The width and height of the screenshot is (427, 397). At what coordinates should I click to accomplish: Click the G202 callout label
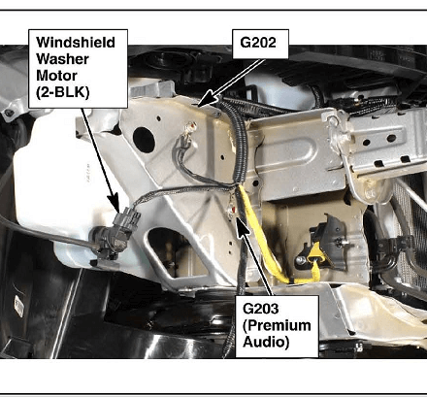pos(260,44)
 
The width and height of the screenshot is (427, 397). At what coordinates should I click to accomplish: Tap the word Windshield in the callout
pos(76,43)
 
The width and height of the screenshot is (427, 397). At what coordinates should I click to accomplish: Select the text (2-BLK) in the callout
pos(62,92)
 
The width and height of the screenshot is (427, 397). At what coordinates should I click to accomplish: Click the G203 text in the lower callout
pos(260,309)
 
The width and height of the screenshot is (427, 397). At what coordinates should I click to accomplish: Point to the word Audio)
pos(266,342)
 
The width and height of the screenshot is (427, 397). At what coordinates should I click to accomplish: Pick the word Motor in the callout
pos(56,76)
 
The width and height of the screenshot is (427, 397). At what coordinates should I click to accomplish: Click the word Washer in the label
pos(62,59)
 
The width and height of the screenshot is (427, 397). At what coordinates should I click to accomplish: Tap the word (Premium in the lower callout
pos(277,325)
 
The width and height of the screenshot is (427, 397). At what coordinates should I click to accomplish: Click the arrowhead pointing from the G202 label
pos(208,98)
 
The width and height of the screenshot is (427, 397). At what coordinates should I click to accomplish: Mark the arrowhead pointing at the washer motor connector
pos(114,202)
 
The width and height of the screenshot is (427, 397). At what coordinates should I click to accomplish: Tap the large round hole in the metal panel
pos(144,140)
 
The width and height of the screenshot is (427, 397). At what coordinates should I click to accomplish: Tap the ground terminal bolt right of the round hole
pos(190,128)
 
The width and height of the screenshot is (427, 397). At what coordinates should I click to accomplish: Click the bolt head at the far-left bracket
pos(9,113)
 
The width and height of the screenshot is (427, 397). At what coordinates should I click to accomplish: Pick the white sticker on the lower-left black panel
pos(18,306)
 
